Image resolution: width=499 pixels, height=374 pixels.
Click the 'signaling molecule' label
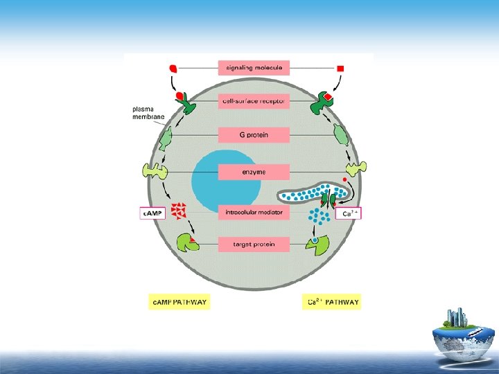click(254, 68)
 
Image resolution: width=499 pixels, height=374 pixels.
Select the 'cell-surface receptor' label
click(254, 101)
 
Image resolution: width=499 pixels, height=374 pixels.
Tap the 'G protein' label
click(254, 134)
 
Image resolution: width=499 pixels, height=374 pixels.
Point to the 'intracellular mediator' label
click(254, 213)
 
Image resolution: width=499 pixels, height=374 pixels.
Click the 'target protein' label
click(254, 244)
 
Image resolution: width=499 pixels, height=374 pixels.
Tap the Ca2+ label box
click(349, 213)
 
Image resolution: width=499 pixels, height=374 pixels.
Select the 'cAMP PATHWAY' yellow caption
click(180, 302)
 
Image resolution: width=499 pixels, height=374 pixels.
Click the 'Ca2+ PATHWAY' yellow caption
click(333, 302)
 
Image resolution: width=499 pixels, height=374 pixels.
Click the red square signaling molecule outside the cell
click(340, 68)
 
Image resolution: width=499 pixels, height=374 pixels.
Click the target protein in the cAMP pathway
click(186, 242)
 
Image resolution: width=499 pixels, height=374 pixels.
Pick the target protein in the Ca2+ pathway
click(318, 244)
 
